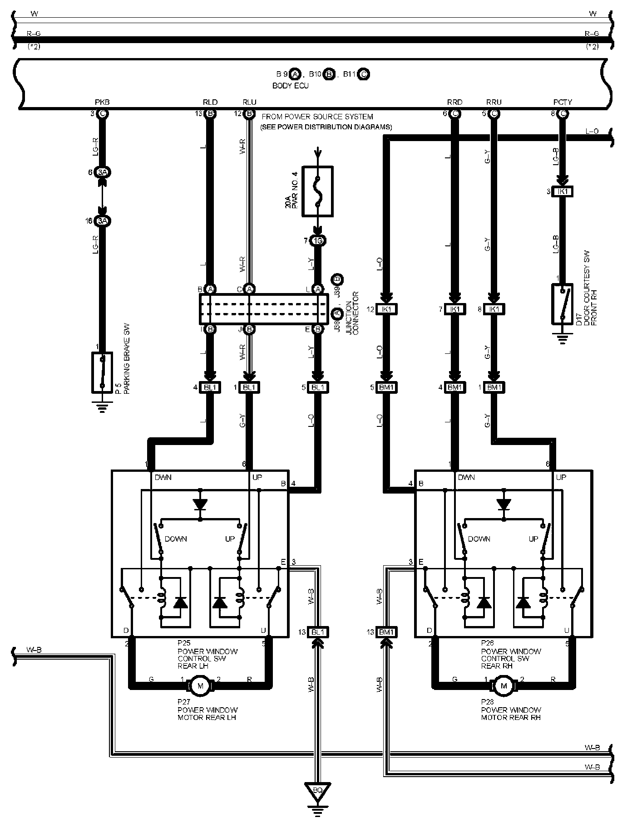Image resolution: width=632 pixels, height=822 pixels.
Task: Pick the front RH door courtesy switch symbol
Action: pyautogui.click(x=562, y=304)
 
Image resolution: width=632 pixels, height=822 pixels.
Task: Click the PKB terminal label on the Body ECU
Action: pyautogui.click(x=102, y=102)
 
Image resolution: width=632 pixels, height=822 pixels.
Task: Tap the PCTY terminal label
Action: pyautogui.click(x=563, y=102)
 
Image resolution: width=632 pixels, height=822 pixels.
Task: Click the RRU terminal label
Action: pyautogui.click(x=494, y=102)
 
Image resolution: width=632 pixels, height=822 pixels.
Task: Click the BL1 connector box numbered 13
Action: pyautogui.click(x=317, y=632)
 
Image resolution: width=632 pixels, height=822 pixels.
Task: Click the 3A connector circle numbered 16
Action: pyautogui.click(x=103, y=221)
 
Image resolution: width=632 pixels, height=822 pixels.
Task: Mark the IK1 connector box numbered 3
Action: pyautogui.click(x=562, y=192)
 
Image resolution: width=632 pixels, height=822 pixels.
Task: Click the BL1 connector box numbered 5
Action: pyautogui.click(x=317, y=387)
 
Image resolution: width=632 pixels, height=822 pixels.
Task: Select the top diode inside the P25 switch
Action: pyautogui.click(x=200, y=504)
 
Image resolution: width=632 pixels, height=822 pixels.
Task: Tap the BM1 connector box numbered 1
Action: pyautogui.click(x=494, y=387)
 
